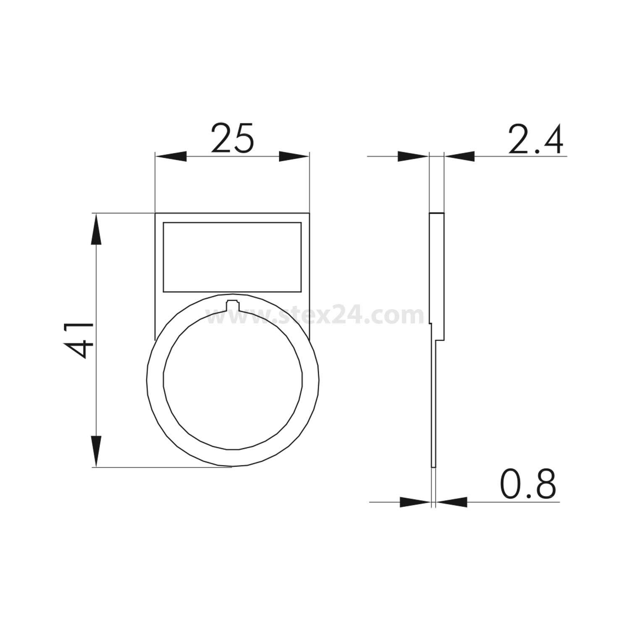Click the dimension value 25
232,138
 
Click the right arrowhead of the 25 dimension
294,156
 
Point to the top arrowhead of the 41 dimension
96,229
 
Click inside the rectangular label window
232,257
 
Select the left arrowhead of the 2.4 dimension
413,157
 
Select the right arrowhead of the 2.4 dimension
459,157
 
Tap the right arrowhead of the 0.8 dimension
452,501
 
